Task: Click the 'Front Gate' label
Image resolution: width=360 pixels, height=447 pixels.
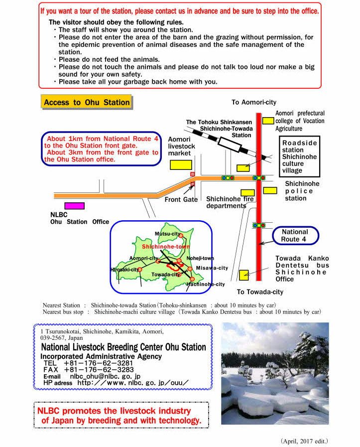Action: pos(181,200)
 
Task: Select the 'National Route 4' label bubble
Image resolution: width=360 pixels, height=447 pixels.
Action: pos(295,236)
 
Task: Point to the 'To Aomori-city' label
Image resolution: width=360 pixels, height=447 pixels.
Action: pos(253,102)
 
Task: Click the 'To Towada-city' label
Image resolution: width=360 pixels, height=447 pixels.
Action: pos(259,292)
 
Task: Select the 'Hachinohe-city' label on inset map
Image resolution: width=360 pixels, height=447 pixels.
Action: pos(206,285)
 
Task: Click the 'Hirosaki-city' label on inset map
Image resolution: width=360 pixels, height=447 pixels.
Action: pos(124,270)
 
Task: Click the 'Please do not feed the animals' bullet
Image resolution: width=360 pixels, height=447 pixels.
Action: pos(109,59)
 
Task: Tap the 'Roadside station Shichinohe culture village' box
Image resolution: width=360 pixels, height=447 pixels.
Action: pos(299,156)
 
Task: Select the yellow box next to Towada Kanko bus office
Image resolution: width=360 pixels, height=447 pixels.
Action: pos(244,275)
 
